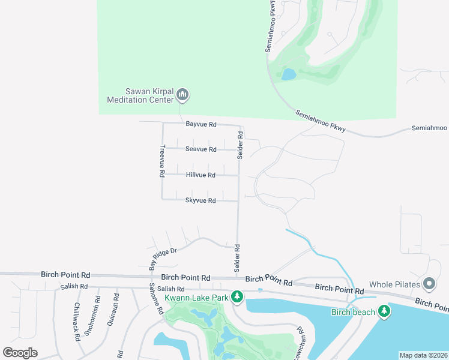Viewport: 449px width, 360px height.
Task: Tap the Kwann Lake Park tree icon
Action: tap(238, 297)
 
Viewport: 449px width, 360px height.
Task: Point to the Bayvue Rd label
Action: tap(200, 124)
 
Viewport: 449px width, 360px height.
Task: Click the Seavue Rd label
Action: tap(200, 149)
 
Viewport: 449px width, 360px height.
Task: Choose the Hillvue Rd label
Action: tap(200, 175)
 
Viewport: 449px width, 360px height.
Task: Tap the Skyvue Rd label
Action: tap(200, 200)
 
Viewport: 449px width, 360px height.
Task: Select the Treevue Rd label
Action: tap(161, 161)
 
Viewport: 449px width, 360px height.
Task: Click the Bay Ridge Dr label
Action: tap(161, 255)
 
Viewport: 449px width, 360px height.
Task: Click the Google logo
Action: tap(20, 353)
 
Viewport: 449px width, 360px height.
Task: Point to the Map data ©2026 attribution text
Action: tap(423, 355)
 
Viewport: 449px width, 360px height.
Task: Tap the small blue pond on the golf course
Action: tap(289, 74)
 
